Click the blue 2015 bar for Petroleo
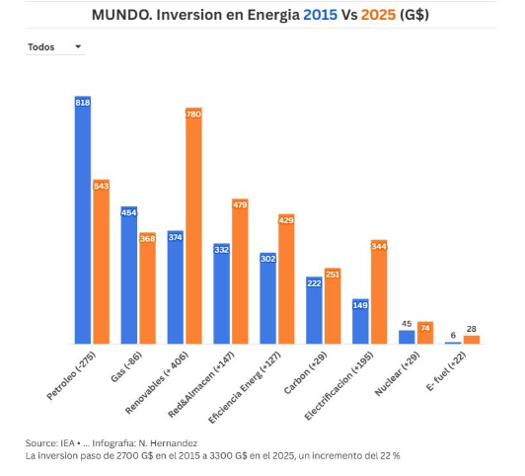[83, 220]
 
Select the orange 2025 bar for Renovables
[193, 226]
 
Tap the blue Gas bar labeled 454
[129, 275]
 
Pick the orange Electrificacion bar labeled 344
[379, 291]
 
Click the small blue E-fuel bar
[453, 343]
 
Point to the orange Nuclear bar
[425, 333]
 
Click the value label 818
[83, 103]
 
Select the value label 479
[240, 204]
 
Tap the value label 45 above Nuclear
[407, 324]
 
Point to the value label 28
[472, 329]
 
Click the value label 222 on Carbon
[314, 283]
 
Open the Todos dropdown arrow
[78, 46]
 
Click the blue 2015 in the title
[320, 15]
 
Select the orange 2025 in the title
[378, 15]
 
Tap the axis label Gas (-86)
[126, 366]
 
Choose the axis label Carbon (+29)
[305, 373]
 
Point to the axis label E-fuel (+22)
[446, 371]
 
